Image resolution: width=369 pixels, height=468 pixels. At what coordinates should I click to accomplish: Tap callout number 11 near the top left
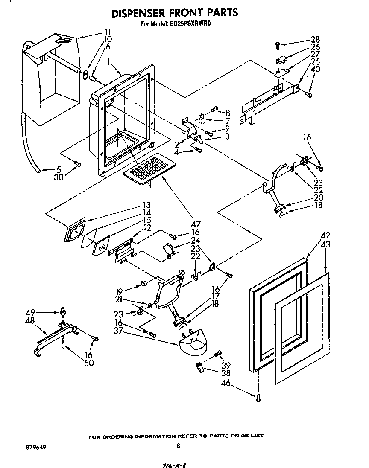click(x=107, y=32)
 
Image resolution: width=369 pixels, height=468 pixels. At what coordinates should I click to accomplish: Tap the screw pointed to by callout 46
click(x=258, y=398)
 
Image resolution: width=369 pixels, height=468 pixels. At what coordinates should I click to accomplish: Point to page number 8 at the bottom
click(x=178, y=446)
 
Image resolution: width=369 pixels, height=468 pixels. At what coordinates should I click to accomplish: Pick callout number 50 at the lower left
click(x=89, y=363)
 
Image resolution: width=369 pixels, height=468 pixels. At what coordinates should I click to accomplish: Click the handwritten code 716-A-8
click(x=175, y=464)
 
